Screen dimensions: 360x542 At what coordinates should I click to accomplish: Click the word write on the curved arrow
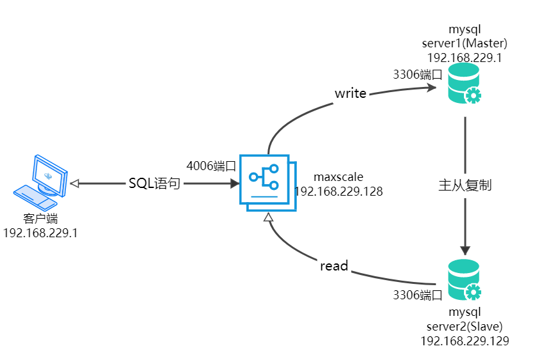351,93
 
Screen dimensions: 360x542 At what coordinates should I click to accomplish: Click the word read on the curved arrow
334,265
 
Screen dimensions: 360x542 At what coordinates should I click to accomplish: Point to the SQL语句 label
154,184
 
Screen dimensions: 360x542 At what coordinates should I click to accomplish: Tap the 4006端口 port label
211,166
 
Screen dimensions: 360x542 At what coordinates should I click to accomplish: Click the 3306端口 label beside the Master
418,74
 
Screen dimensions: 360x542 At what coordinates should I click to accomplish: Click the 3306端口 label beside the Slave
418,295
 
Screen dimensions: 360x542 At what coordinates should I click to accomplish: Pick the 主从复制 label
465,185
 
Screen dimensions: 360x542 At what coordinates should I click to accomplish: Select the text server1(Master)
465,43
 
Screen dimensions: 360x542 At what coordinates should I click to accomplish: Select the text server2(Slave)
465,327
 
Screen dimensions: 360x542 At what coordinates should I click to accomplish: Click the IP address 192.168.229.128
339,191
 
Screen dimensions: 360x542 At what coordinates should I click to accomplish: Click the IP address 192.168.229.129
465,341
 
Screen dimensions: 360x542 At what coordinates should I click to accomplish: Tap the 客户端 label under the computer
40,219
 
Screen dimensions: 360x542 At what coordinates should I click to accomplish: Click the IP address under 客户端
40,233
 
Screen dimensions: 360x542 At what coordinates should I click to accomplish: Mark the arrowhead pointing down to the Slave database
465,248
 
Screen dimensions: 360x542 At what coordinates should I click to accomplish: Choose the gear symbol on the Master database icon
473,96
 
